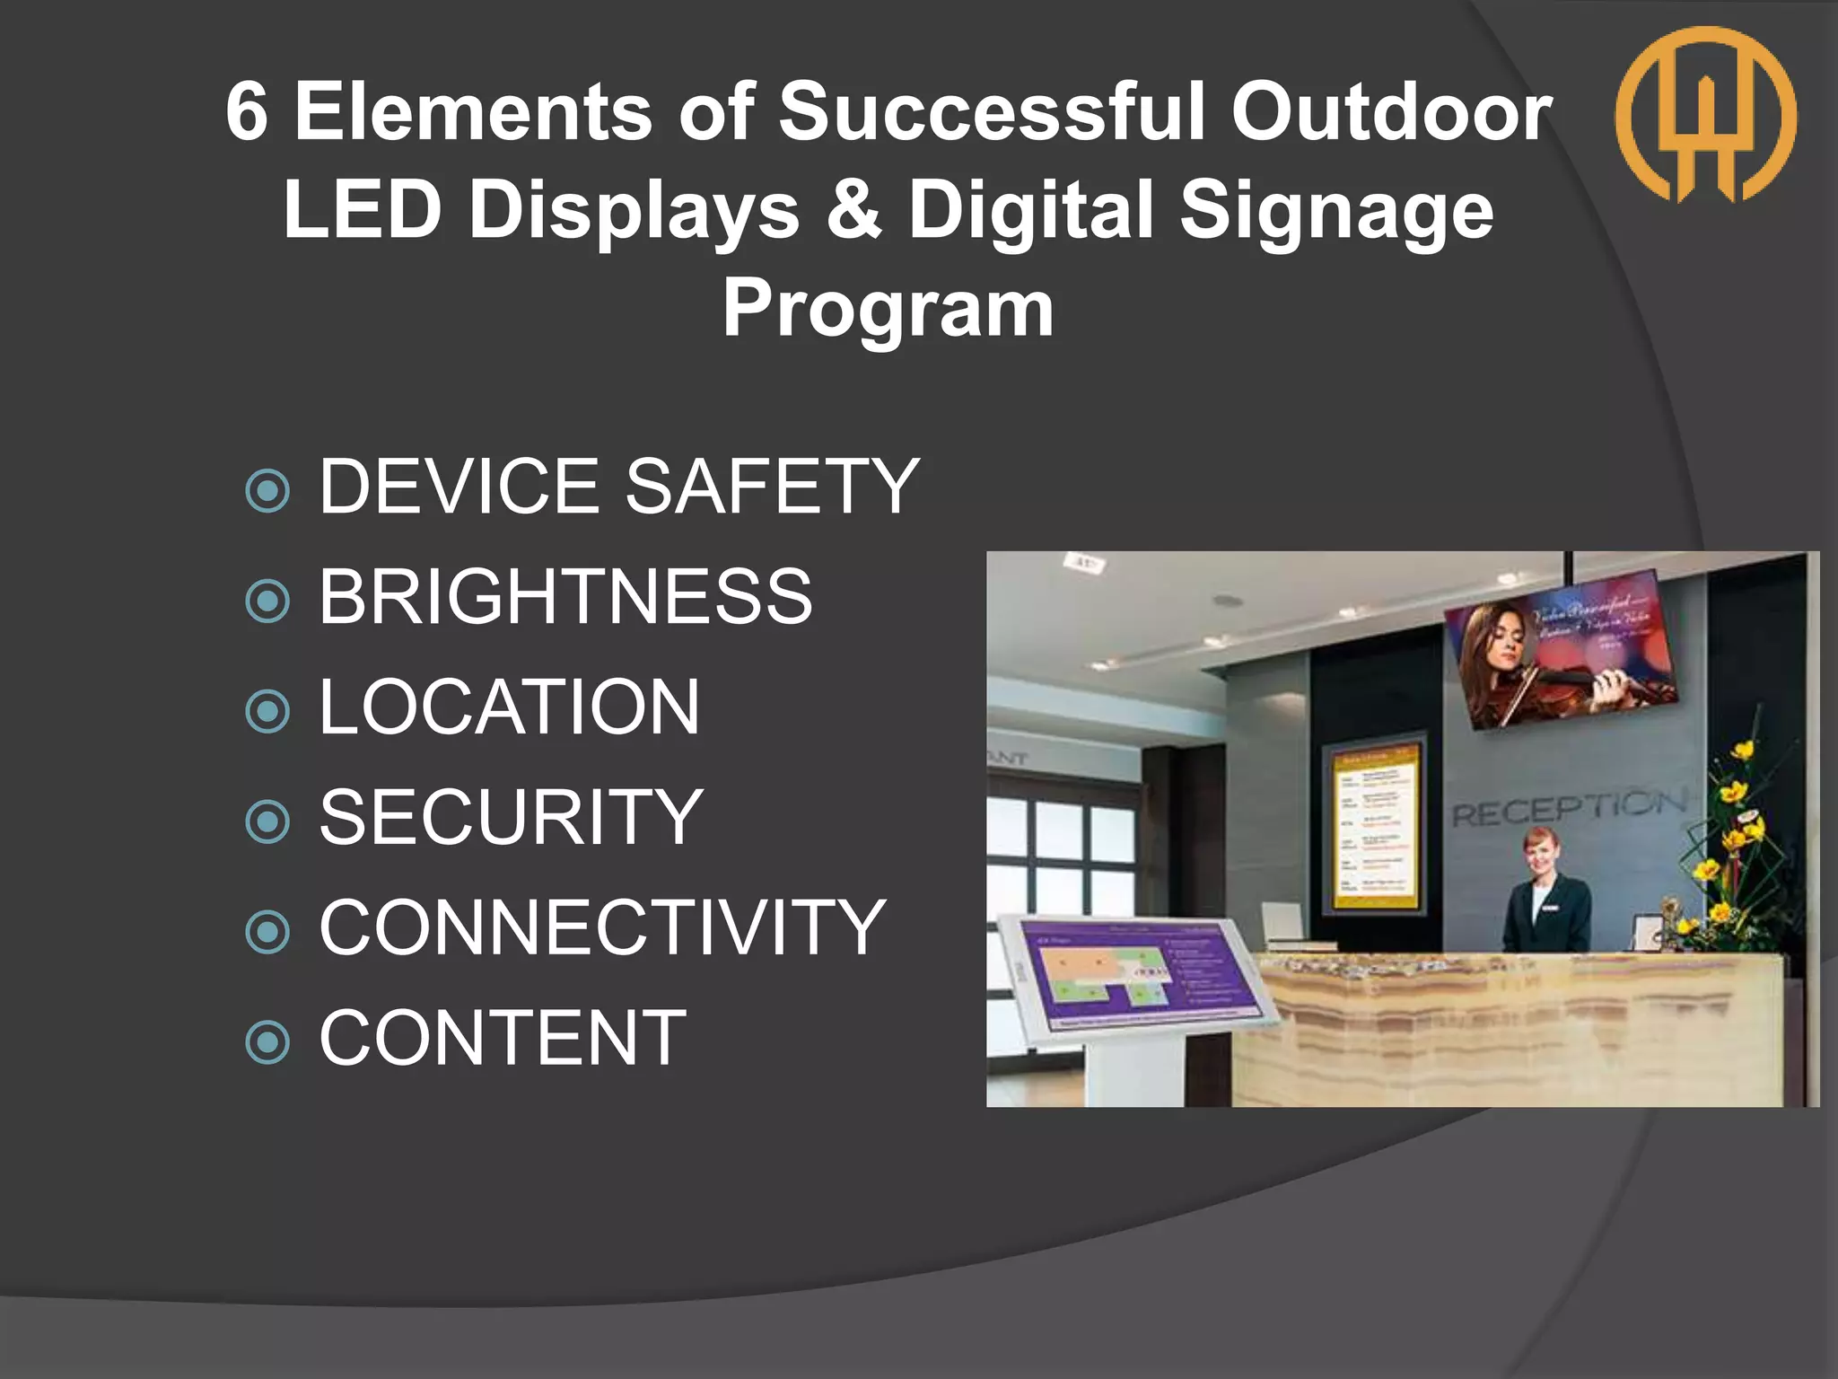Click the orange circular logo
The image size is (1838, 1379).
pos(1705,114)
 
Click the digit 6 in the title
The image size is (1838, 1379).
pos(247,111)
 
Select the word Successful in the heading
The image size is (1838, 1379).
pos(992,111)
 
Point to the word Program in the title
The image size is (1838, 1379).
pos(888,308)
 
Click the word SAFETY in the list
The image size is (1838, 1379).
pos(772,486)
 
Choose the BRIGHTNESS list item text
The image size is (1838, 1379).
pos(565,596)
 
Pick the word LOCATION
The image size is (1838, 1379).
pos(509,707)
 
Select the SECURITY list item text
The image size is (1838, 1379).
pos(511,817)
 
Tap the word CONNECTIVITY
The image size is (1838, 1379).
pos(602,927)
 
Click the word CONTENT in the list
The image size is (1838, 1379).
pos(503,1038)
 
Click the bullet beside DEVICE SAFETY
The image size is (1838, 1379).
pos(267,490)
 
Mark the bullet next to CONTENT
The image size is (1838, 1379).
pos(267,1042)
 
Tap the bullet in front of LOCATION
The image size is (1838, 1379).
pos(267,711)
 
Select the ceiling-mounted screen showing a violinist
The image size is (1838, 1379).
pos(1562,660)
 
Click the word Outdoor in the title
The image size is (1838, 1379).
pos(1391,111)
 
